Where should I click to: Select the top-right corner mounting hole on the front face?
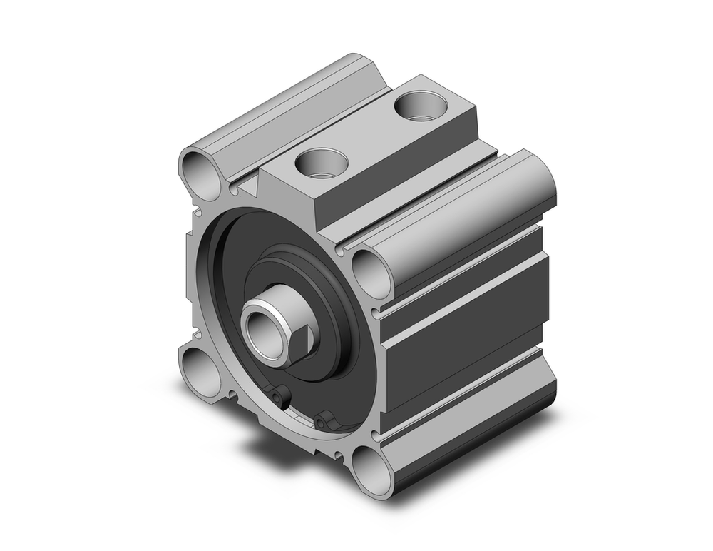pos(371,271)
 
